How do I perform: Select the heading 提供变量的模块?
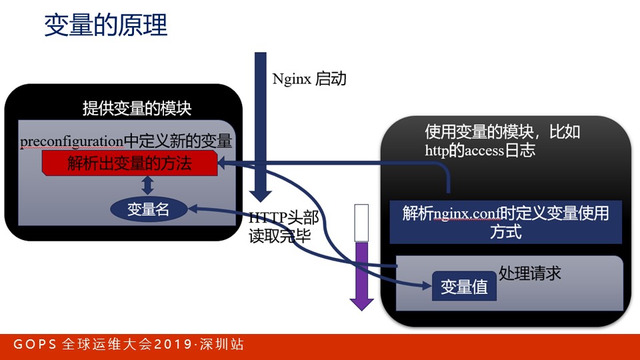click(137, 109)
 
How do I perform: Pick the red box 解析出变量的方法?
click(129, 163)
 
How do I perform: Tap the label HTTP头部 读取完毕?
click(283, 227)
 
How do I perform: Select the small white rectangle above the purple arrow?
click(362, 223)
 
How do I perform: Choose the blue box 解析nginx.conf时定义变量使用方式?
click(505, 222)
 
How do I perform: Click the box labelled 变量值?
click(464, 287)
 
